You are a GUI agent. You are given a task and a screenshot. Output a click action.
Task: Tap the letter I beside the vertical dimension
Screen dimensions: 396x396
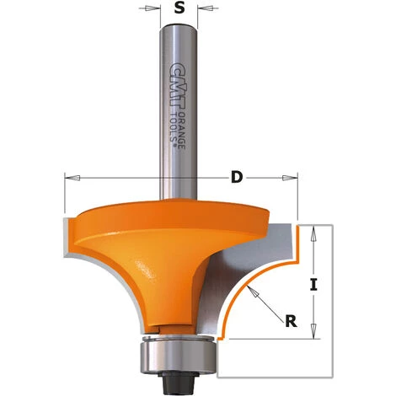pos(313,285)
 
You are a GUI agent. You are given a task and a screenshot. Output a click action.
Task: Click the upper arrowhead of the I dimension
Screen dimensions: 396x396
pos(313,229)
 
